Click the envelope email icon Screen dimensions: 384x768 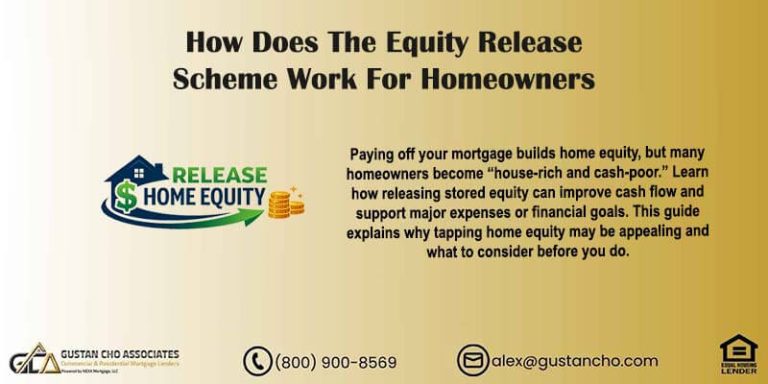(x=472, y=360)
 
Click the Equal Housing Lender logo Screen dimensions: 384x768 (x=738, y=355)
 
